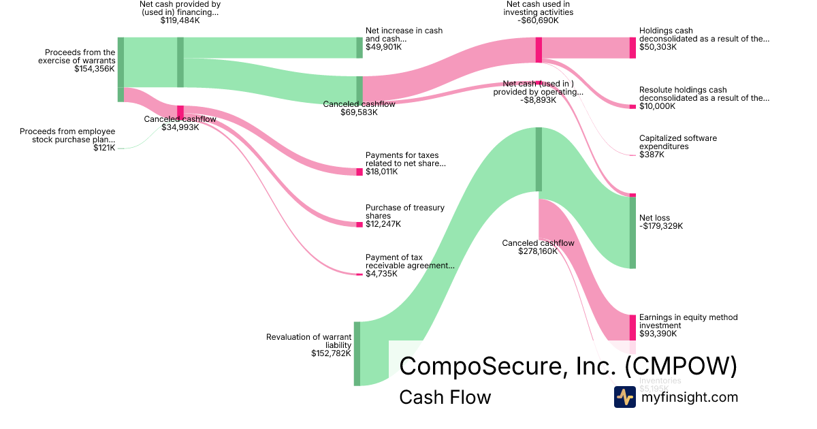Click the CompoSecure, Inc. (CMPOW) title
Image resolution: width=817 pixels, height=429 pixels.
click(x=568, y=366)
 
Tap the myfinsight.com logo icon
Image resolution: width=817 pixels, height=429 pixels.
click(x=624, y=397)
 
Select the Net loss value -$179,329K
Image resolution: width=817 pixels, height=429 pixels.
click(x=660, y=227)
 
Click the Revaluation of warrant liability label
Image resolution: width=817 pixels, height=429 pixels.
click(x=309, y=341)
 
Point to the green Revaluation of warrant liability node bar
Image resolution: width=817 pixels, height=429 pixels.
click(x=357, y=353)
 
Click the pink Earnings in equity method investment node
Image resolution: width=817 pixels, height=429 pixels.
click(x=632, y=327)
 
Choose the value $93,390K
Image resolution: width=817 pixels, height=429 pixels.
click(x=658, y=334)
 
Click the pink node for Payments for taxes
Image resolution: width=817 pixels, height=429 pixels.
click(x=359, y=172)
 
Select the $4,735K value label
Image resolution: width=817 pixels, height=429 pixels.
click(x=381, y=274)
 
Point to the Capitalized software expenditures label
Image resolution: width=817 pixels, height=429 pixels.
click(x=677, y=142)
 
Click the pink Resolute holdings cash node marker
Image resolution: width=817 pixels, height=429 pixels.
click(x=632, y=106)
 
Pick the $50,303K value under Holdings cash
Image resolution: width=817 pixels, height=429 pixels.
click(x=658, y=47)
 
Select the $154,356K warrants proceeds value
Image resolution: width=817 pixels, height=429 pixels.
click(x=95, y=69)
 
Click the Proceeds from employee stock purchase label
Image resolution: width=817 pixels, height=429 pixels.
click(x=67, y=136)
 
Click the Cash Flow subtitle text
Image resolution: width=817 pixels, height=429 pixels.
click(x=445, y=398)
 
